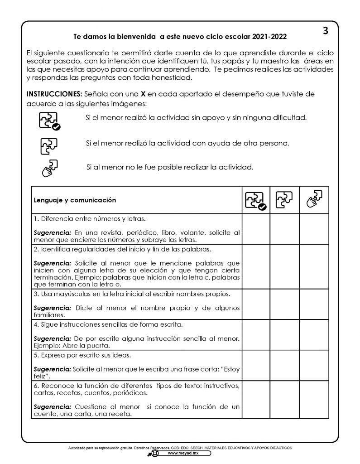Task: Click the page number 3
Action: coord(325,31)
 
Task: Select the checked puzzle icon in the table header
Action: coord(256,200)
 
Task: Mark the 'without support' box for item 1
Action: coord(256,229)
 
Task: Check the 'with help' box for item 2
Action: coord(284,266)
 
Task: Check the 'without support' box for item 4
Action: coord(256,333)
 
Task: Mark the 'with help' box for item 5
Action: coord(284,365)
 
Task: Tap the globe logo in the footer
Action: coord(155,453)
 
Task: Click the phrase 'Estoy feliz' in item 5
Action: coord(222,370)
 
